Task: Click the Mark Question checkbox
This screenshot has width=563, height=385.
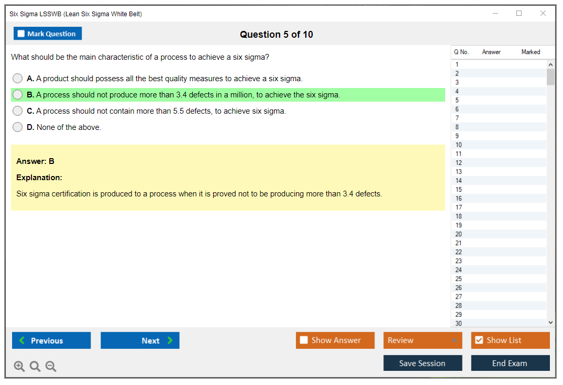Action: (x=21, y=34)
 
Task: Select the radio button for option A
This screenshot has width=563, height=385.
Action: (x=18, y=78)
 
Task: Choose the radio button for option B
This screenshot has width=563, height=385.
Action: (x=18, y=94)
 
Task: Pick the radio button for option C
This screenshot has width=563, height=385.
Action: (x=18, y=111)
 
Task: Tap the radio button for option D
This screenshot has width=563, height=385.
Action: (x=18, y=127)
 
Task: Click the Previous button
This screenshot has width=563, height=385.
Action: (x=51, y=340)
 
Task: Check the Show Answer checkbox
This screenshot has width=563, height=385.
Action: (x=304, y=340)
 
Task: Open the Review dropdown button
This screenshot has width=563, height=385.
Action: (x=423, y=340)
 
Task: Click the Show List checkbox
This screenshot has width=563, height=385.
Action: (x=479, y=340)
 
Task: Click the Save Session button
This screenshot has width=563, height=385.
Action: (x=423, y=363)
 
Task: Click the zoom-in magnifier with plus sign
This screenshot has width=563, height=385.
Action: (x=19, y=366)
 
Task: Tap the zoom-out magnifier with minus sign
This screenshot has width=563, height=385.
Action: (x=51, y=366)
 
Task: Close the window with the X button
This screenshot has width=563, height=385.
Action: (x=543, y=13)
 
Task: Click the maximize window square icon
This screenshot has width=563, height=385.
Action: (x=519, y=13)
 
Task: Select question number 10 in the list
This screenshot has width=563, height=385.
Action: (x=458, y=145)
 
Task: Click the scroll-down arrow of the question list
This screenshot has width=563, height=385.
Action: (x=551, y=323)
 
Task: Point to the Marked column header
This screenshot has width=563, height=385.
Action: (x=531, y=52)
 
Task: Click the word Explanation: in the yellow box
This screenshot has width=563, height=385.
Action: (x=39, y=178)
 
